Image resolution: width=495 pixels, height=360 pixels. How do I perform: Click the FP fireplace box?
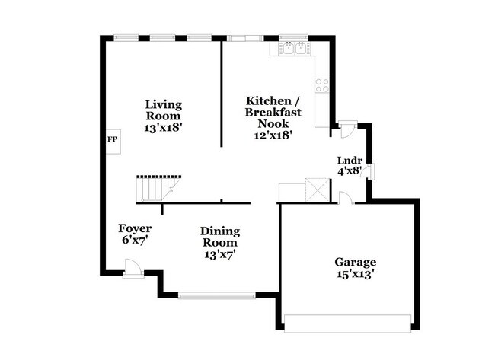coord(111,140)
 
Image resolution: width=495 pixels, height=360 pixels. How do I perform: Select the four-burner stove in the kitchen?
coord(322,84)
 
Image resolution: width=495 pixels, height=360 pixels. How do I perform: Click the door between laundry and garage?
coord(346,199)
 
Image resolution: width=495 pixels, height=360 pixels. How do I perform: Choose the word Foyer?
coord(134,228)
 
